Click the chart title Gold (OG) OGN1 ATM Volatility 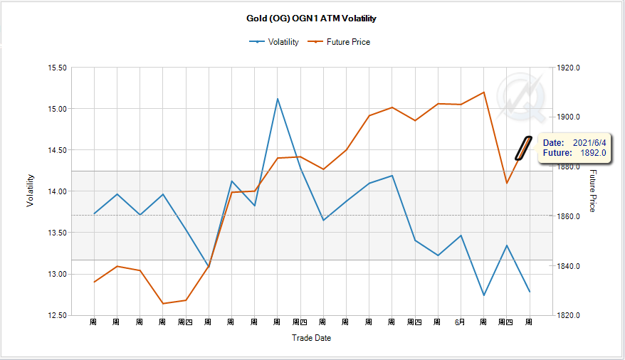click(x=312, y=18)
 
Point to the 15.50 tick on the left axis click(x=57, y=68)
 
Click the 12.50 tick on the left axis click(x=57, y=315)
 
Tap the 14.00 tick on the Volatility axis click(x=57, y=191)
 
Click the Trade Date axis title click(x=311, y=338)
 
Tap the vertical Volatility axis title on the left click(x=30, y=191)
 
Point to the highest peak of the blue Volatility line click(x=278, y=99)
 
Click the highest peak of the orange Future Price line click(x=483, y=92)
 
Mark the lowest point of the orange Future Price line click(x=162, y=304)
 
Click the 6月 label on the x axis click(x=460, y=322)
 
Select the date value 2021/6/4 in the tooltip click(x=589, y=143)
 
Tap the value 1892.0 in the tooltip click(x=592, y=152)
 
